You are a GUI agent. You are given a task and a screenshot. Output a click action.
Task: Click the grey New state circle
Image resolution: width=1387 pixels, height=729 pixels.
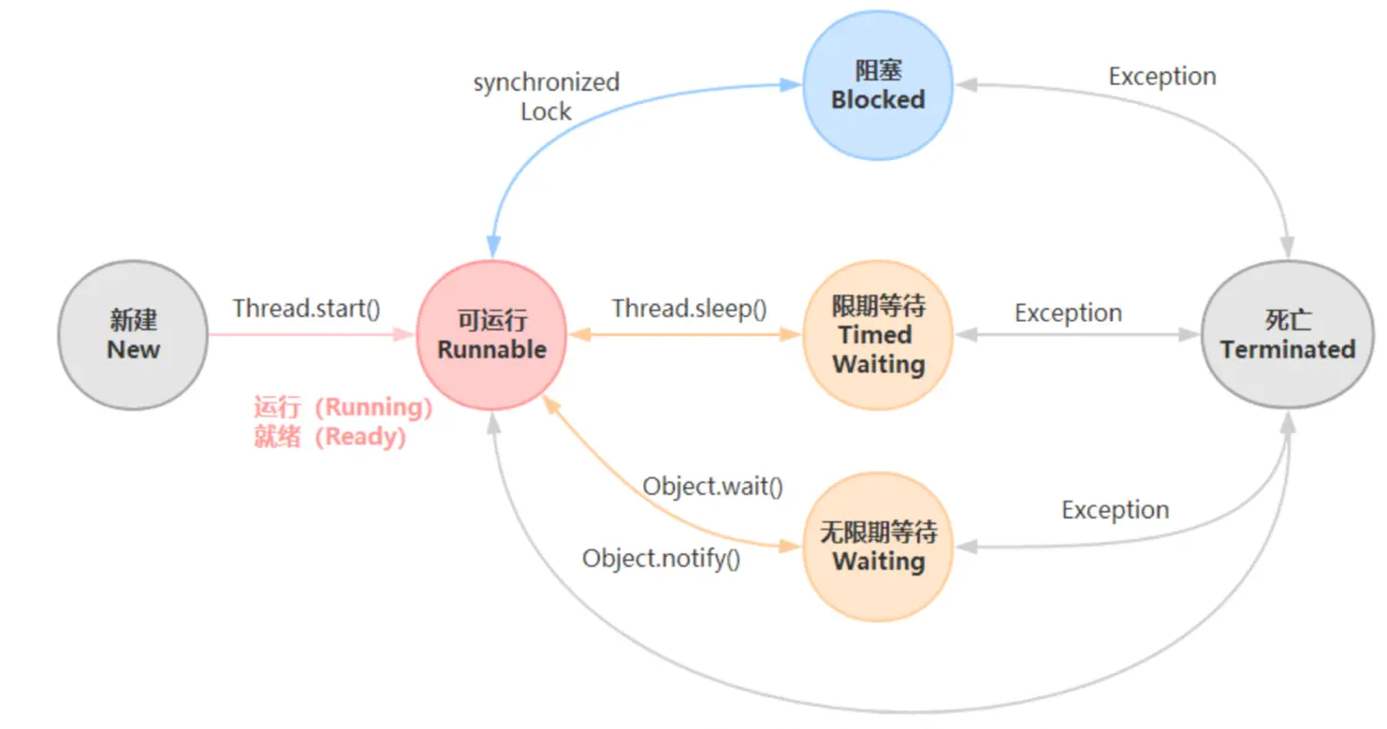coord(133,335)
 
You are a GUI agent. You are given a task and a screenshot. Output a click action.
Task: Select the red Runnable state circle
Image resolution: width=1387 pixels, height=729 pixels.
coord(491,335)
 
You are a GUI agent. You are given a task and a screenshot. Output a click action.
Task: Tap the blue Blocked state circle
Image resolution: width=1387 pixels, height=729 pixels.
coord(878,85)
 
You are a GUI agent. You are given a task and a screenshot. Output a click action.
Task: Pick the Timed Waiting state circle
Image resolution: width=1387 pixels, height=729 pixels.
coord(878,335)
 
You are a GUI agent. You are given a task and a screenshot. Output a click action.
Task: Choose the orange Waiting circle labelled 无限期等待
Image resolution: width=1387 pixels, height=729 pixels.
coord(878,547)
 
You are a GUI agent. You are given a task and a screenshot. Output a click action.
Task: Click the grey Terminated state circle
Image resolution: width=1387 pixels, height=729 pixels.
coord(1288,335)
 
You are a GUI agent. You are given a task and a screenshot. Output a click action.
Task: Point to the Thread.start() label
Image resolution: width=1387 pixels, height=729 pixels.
coord(307,308)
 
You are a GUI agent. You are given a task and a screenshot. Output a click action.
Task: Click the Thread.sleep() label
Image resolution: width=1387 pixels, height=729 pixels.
coord(690,308)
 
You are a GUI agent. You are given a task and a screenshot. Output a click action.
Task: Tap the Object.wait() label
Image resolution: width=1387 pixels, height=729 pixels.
coord(712,487)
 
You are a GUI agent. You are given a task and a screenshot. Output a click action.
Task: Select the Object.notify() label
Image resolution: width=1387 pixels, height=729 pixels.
coord(662,559)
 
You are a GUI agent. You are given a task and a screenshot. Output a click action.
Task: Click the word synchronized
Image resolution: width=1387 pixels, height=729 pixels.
coord(547,82)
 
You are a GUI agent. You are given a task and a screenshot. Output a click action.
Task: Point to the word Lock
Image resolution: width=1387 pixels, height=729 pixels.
coord(546,111)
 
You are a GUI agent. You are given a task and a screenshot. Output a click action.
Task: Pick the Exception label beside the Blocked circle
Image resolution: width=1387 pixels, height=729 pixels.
coord(1162,77)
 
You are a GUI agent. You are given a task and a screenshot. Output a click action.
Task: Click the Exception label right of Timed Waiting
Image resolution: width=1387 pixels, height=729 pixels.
coord(1069,313)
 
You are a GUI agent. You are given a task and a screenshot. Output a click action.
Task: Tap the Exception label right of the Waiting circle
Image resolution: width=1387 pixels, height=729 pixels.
coord(1116,510)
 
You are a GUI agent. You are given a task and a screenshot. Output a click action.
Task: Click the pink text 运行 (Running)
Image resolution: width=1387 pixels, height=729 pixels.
coord(343,407)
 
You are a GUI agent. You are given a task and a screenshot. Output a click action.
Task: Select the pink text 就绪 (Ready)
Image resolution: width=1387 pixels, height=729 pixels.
coord(329,436)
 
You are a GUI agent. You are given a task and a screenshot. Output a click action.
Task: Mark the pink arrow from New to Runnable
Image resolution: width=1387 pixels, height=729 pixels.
coord(309,334)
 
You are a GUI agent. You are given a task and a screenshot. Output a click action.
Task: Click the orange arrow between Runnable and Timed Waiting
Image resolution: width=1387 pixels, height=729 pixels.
coord(685,334)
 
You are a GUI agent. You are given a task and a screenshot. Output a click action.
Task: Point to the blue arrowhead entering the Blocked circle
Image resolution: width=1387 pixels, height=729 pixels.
coord(793,85)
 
